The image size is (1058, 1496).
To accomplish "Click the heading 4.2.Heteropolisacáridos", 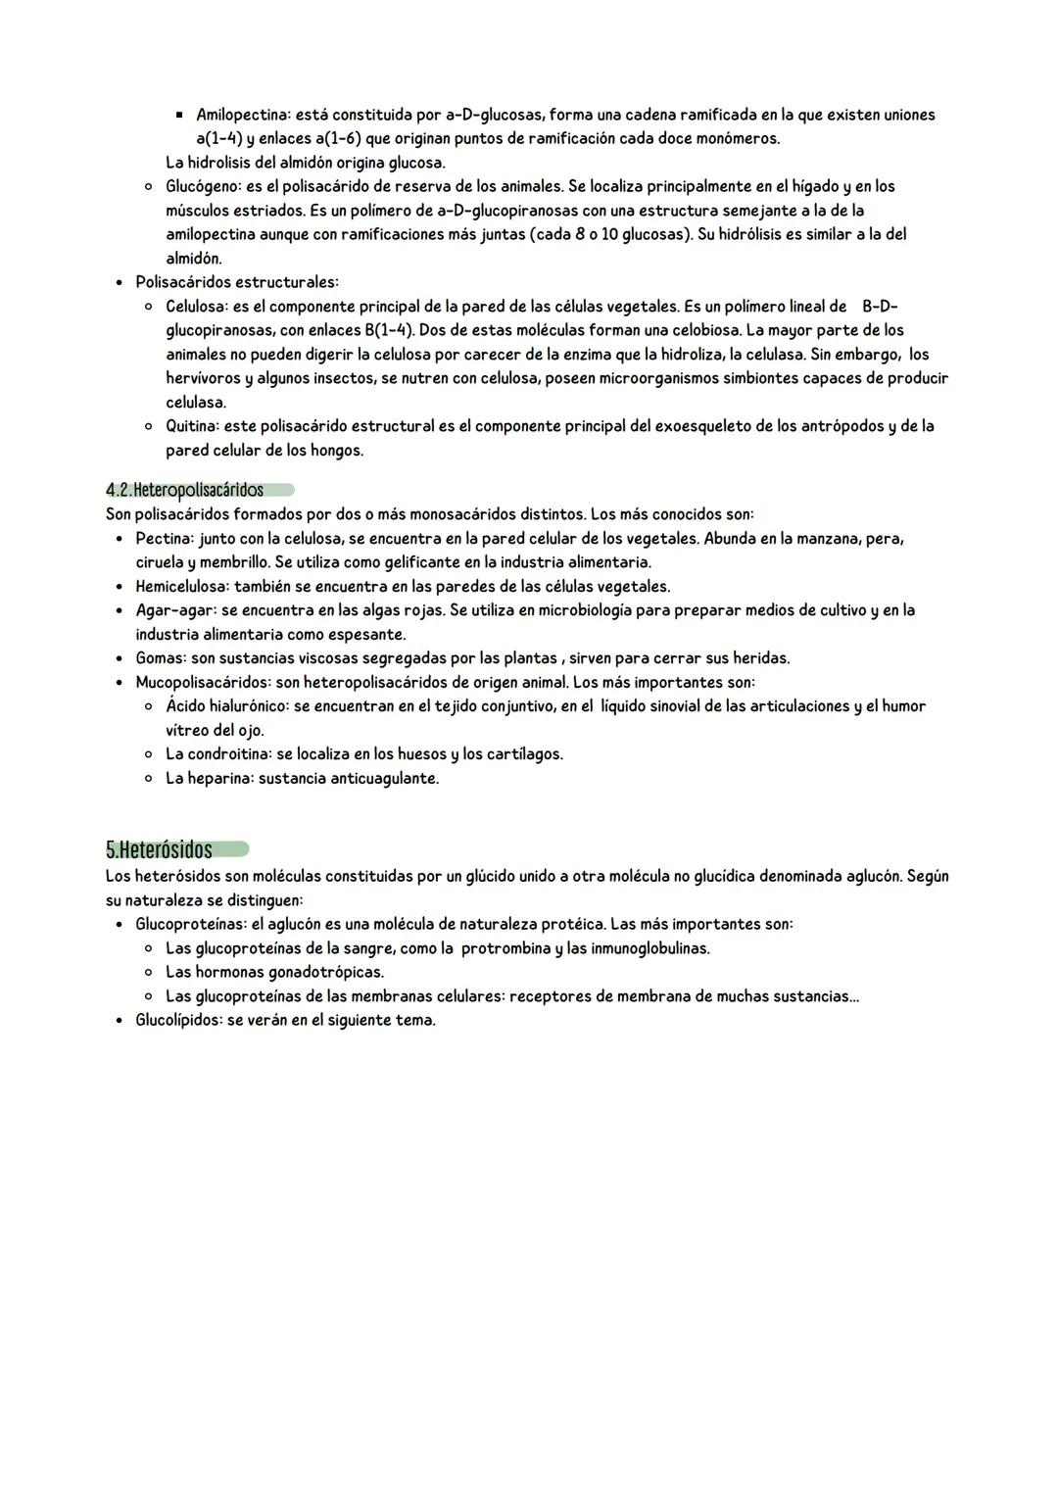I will pyautogui.click(x=185, y=490).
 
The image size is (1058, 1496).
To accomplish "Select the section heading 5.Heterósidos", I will pyautogui.click(x=159, y=848).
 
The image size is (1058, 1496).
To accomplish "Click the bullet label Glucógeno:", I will pyautogui.click(x=203, y=186).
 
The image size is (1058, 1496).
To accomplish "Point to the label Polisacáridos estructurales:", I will pyautogui.click(x=236, y=282).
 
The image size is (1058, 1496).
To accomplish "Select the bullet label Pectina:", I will pyautogui.click(x=165, y=539).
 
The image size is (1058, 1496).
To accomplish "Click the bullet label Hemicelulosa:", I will pyautogui.click(x=182, y=587).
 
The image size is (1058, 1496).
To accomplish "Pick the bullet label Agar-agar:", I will pyautogui.click(x=173, y=610).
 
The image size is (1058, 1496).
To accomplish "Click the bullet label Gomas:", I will pyautogui.click(x=161, y=658).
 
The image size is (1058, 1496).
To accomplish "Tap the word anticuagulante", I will pyautogui.click(x=384, y=779).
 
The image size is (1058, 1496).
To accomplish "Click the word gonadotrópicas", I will pyautogui.click(x=325, y=972).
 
